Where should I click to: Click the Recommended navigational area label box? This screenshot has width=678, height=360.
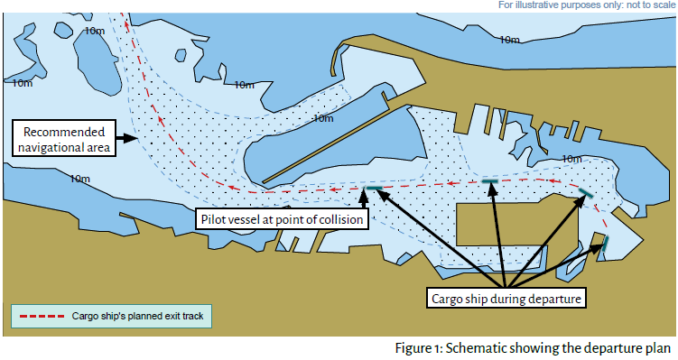click(64, 138)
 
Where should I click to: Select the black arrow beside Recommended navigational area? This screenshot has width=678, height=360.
click(126, 138)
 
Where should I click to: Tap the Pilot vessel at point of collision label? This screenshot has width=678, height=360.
click(282, 219)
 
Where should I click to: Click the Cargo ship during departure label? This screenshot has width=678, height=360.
click(506, 299)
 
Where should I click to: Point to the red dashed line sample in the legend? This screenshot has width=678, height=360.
click(42, 317)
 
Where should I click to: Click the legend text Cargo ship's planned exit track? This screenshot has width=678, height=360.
click(137, 317)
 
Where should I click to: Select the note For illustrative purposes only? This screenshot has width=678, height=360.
click(587, 5)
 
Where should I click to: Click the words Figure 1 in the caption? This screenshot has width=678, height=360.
click(418, 348)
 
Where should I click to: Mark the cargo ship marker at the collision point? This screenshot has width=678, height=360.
click(374, 188)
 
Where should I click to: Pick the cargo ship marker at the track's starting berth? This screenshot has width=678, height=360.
click(606, 244)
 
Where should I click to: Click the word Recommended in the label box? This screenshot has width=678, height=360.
click(64, 132)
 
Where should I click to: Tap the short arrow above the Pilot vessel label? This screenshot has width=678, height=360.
click(364, 198)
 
